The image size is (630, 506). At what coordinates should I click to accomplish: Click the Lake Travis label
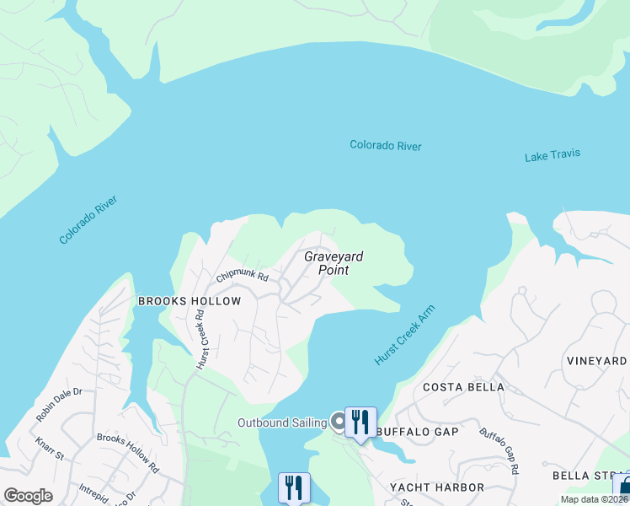[552, 156]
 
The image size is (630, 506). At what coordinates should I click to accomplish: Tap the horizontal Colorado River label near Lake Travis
[385, 146]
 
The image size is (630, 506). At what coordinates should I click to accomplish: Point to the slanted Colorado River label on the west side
[88, 220]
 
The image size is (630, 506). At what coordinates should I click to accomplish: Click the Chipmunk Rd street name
[242, 277]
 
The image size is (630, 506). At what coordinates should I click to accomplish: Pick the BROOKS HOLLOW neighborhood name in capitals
[190, 301]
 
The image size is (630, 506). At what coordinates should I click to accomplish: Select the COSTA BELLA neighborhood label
[463, 387]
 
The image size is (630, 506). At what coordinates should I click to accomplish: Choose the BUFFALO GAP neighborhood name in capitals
[418, 432]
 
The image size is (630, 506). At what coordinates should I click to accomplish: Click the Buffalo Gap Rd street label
[499, 450]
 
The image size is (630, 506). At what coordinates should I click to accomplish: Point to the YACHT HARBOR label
[437, 487]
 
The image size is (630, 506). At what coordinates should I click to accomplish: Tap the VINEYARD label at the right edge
[596, 361]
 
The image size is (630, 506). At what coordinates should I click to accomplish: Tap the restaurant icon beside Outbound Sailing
[360, 422]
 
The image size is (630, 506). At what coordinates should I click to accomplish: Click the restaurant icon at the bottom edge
[294, 487]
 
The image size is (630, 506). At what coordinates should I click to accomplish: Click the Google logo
[28, 495]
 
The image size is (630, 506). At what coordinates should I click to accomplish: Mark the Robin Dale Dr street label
[58, 404]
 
